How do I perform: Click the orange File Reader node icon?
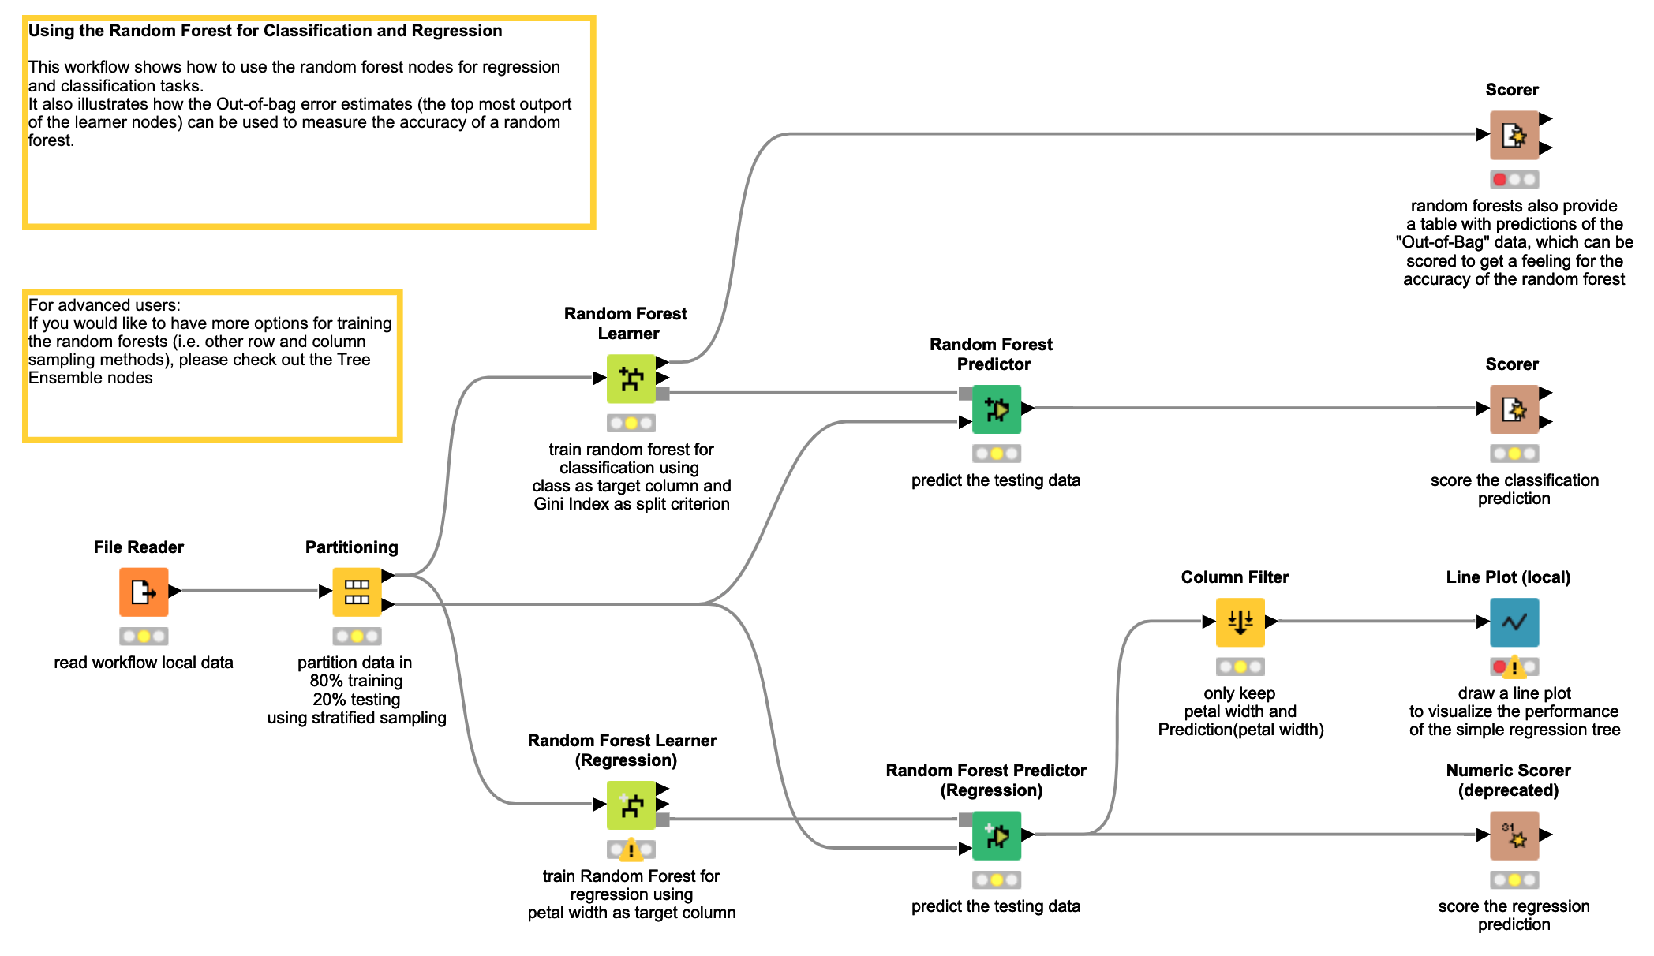(144, 592)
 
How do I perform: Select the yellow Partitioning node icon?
(357, 592)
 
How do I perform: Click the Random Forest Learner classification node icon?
(631, 379)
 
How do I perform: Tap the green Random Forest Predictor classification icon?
(997, 409)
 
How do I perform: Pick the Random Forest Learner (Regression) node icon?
(631, 805)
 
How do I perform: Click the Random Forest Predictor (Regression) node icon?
(997, 835)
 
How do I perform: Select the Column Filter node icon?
(1240, 622)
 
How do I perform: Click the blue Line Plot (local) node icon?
(1514, 622)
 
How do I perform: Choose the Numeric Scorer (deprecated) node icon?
(1514, 835)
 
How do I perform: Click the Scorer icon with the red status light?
(1514, 135)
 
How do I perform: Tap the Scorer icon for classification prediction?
(1514, 409)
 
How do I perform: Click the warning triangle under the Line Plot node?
(1514, 668)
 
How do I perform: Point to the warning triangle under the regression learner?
(631, 850)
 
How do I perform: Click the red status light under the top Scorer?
(1499, 180)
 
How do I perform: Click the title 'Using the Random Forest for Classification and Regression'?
(265, 31)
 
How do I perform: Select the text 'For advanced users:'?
(104, 305)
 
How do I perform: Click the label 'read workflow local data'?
(144, 663)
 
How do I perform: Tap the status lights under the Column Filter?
(1240, 667)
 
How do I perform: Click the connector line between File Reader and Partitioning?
(250, 591)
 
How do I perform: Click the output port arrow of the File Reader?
(174, 591)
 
